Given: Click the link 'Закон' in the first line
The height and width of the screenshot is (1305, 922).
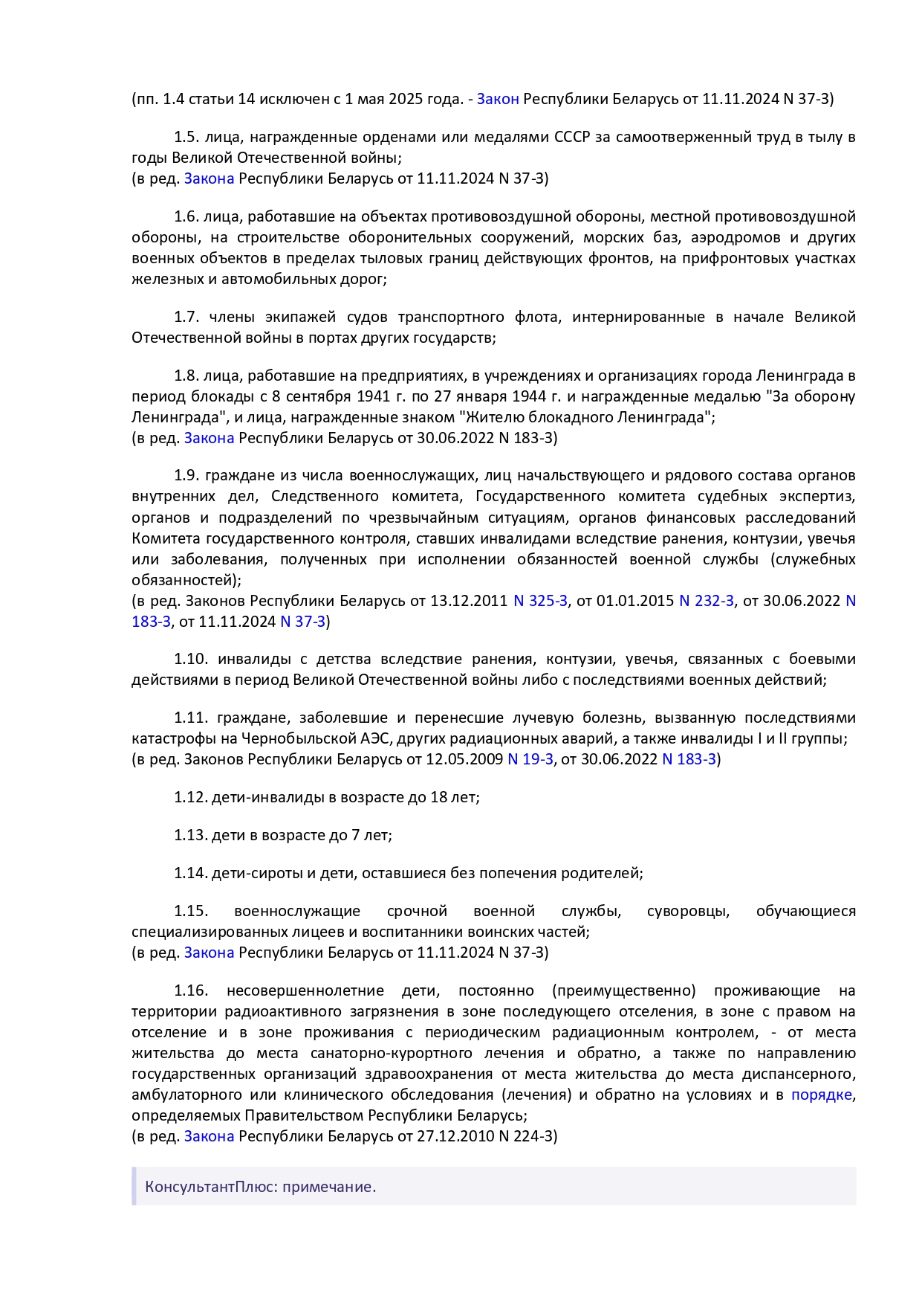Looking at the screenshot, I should pyautogui.click(x=497, y=99).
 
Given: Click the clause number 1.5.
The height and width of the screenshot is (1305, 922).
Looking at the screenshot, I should pyautogui.click(x=186, y=137).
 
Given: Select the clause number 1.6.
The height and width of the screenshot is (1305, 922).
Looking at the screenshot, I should pyautogui.click(x=186, y=216).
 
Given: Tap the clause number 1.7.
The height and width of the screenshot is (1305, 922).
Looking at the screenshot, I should pyautogui.click(x=186, y=317).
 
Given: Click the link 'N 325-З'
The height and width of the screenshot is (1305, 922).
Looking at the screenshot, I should pyautogui.click(x=540, y=601).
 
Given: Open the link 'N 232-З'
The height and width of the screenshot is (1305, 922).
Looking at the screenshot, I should pyautogui.click(x=707, y=601).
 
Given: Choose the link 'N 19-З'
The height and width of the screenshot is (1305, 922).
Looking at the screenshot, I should pyautogui.click(x=530, y=759).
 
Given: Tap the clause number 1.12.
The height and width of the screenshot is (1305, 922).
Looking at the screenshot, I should pyautogui.click(x=190, y=797).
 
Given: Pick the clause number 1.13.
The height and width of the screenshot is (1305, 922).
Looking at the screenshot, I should pyautogui.click(x=190, y=835).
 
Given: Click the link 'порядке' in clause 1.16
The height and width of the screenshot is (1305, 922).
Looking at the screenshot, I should pyautogui.click(x=821, y=1095).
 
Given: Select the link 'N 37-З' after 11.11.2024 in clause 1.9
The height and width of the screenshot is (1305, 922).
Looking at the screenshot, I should pyautogui.click(x=302, y=622).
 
